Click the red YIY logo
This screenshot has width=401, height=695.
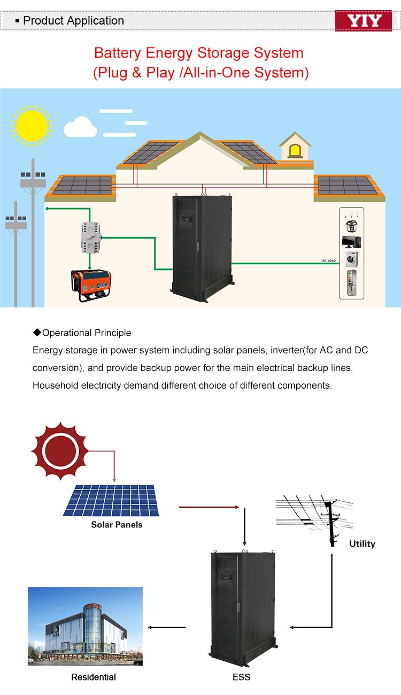click(363, 21)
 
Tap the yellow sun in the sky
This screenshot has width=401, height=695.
click(32, 125)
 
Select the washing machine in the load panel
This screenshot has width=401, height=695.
click(351, 259)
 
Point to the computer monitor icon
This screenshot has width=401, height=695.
click(351, 241)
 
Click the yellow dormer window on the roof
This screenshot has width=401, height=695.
click(295, 151)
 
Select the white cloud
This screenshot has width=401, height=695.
click(80, 127)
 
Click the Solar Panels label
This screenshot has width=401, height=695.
click(117, 525)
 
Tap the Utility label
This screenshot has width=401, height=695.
click(362, 544)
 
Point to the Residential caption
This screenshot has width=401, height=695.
click(94, 677)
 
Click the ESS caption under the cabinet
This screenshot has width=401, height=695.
click(241, 677)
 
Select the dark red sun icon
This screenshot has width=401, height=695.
click(59, 451)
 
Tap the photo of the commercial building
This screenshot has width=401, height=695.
click(85, 626)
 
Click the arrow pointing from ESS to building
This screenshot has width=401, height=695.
click(167, 627)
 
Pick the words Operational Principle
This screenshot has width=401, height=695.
click(87, 333)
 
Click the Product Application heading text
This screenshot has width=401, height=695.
click(73, 21)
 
